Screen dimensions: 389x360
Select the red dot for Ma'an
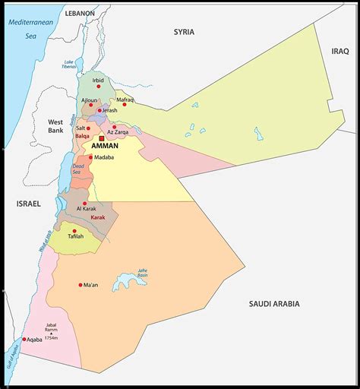(81, 285)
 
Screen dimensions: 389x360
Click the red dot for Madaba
(91, 157)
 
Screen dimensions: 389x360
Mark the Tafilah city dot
(74, 230)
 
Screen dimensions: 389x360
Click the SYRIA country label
(184, 32)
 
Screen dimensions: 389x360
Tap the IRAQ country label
(339, 50)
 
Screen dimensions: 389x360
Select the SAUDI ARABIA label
(274, 304)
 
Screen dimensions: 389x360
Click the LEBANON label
(80, 14)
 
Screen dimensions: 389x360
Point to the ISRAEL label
(27, 204)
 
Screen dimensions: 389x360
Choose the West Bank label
(55, 126)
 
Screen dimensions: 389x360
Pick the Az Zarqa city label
(122, 131)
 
